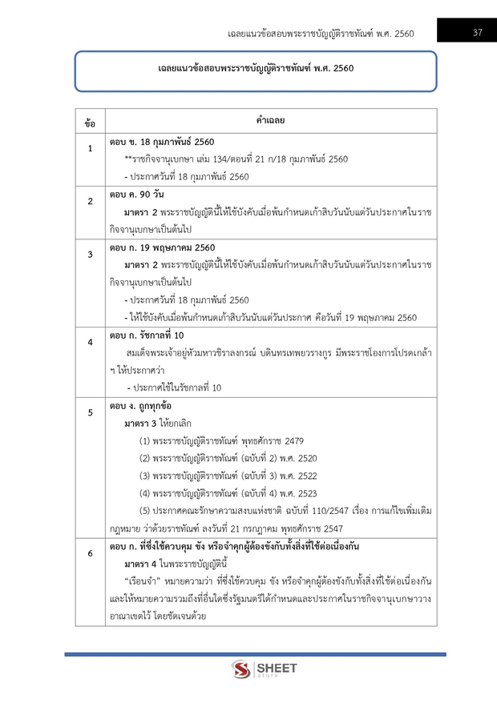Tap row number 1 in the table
click(x=90, y=149)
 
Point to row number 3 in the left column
click(x=90, y=254)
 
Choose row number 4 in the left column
click(x=90, y=342)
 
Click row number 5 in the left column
click(x=90, y=412)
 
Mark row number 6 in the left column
click(x=90, y=553)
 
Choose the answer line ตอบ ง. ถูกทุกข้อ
click(x=142, y=406)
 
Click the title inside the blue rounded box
click(x=255, y=69)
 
